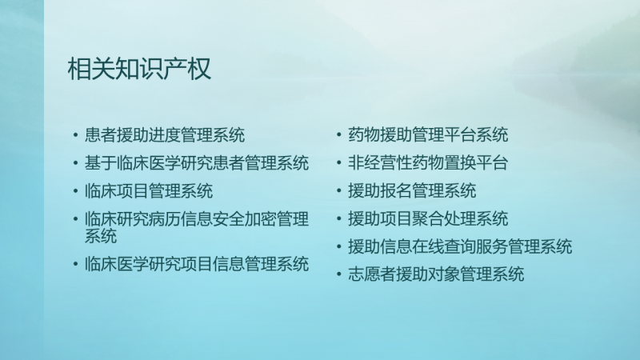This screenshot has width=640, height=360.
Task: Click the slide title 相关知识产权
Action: pyautogui.click(x=139, y=68)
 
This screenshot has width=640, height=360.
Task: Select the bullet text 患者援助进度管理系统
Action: pyautogui.click(x=165, y=135)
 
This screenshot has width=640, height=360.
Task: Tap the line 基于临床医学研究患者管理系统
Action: pyautogui.click(x=196, y=163)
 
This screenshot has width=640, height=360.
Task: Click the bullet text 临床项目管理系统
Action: pyautogui.click(x=149, y=191)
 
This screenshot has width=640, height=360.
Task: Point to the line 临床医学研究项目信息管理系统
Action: pyautogui.click(x=196, y=264)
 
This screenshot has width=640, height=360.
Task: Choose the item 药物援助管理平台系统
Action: pyautogui.click(x=428, y=135)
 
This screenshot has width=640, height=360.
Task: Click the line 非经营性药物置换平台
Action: pyautogui.click(x=428, y=163)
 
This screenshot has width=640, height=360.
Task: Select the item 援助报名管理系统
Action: pyautogui.click(x=412, y=191)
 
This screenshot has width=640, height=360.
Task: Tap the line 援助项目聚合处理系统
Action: pyautogui.click(x=428, y=218)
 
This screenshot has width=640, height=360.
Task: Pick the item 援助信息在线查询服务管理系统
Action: pyautogui.click(x=460, y=246)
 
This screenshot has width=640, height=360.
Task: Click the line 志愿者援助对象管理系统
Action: pyautogui.click(x=436, y=274)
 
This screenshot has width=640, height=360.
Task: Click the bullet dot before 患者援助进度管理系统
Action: pyautogui.click(x=75, y=134)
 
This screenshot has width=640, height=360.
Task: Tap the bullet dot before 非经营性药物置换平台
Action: pyautogui.click(x=338, y=162)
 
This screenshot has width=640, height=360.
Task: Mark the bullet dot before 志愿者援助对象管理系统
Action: pyautogui.click(x=338, y=274)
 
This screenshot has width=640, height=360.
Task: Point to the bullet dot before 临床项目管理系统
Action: pyautogui.click(x=75, y=190)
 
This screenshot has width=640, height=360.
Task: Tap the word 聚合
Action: pyautogui.click(x=428, y=218)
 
